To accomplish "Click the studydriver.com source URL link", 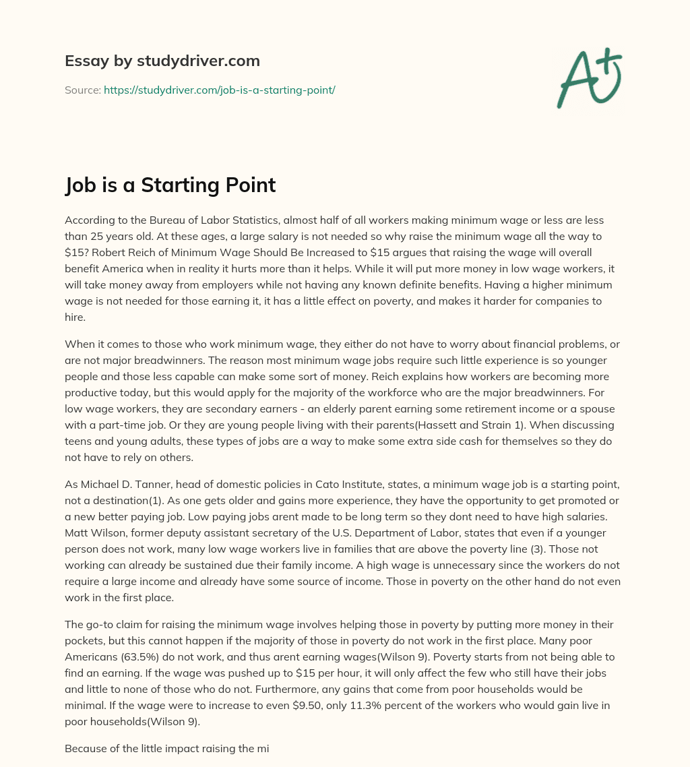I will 219,90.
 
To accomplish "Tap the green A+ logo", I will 588,78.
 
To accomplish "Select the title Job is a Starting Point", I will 170,185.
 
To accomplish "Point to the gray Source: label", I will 83,90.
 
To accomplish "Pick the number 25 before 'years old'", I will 96,236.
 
